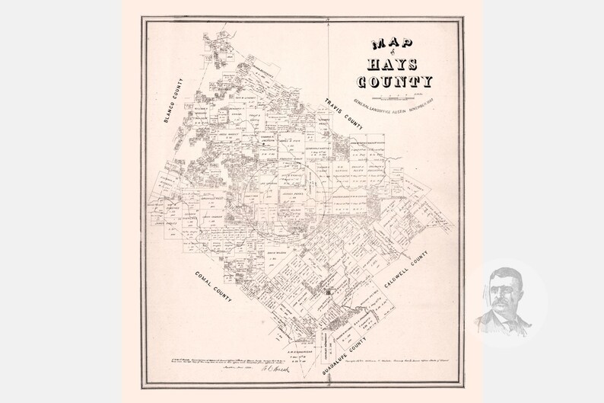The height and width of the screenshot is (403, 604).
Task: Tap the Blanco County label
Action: pos(174,99)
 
